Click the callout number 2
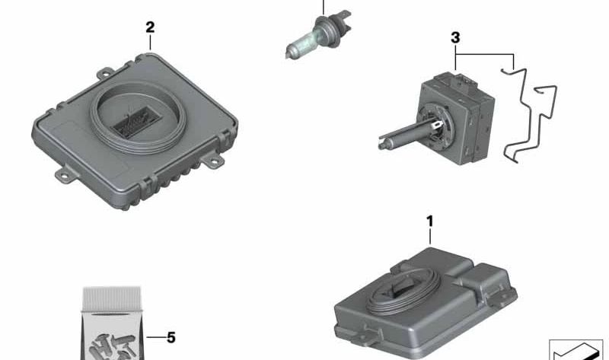pos(150,27)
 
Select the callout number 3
pos(454,37)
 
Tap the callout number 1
pos(429,221)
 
